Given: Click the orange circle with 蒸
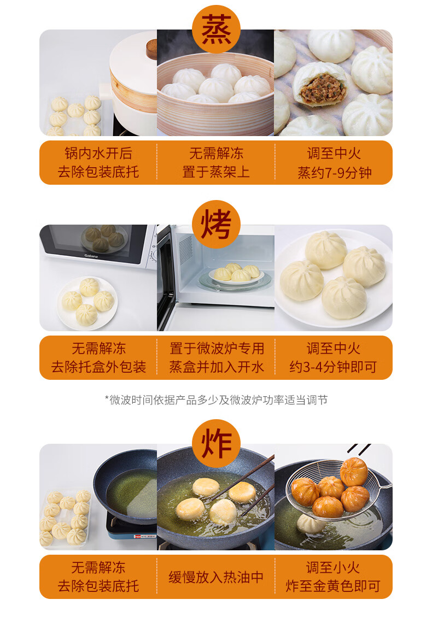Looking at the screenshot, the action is coord(216,30).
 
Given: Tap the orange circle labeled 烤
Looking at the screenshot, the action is coord(216,224).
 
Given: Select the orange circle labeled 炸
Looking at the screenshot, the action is coord(216,443).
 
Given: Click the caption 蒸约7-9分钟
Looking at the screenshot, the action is coord(334,172).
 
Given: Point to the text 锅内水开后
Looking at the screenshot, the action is coord(98,153).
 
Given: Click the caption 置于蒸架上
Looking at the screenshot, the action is coord(216,172).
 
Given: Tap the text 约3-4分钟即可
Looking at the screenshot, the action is coord(333,367).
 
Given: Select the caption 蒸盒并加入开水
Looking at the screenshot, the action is coord(216,367).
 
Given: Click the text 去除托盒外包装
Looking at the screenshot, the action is coord(98,367).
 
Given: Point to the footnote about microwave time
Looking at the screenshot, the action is coord(216,400).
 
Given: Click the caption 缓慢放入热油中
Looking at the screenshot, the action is coord(216,577).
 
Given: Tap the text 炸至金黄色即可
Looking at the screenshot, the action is coord(333,586).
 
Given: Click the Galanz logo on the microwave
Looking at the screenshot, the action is coord(91,256).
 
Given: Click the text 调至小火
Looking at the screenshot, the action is coord(333,567).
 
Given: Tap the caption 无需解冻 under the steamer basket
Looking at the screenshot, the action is coord(216,153).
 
